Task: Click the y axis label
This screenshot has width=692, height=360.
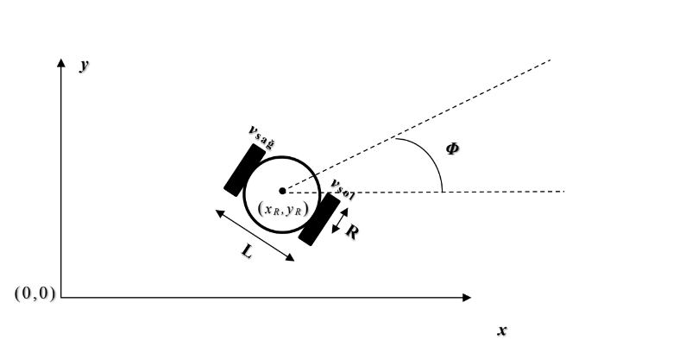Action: pos(85,66)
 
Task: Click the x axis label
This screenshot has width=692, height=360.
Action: pos(501,331)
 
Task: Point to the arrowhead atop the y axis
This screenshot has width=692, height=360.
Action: pos(61,64)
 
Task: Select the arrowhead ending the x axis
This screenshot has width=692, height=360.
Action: pos(467,298)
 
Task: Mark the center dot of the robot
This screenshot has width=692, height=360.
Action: pos(282,191)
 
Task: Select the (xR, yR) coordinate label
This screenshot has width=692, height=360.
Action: pos(283,208)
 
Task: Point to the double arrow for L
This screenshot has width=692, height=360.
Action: pos(256,235)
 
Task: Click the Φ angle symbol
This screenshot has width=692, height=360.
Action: pos(452,148)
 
